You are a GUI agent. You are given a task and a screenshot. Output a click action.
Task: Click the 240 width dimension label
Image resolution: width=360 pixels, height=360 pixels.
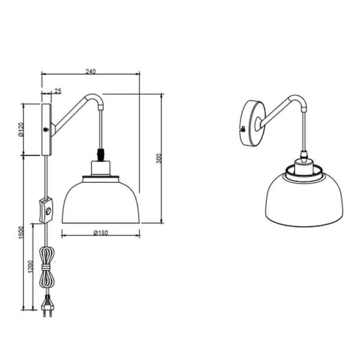coord(90,71)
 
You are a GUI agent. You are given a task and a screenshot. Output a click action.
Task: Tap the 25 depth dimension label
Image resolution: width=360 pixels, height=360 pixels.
coord(58,91)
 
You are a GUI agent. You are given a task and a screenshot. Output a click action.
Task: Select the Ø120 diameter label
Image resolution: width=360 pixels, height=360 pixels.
coord(21,129)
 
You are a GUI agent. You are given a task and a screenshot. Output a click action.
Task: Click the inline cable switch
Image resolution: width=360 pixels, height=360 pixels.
coord(46,210)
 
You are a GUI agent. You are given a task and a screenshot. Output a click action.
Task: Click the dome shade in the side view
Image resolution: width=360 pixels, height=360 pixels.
coord(100,201)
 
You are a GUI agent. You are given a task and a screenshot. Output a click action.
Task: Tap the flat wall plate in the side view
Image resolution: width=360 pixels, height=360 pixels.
coord(46,129)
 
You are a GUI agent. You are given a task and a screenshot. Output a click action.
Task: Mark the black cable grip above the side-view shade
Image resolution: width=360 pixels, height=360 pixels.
coord(100,154)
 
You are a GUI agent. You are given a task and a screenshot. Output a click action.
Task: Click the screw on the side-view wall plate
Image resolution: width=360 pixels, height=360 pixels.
coord(46,129)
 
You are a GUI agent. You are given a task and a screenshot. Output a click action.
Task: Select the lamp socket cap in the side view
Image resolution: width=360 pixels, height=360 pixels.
coord(100,169)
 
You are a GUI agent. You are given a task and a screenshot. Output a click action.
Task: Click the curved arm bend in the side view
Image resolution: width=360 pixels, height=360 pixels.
coord(96,98)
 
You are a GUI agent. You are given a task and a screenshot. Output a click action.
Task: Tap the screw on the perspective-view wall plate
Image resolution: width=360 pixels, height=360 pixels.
coord(242,128)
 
